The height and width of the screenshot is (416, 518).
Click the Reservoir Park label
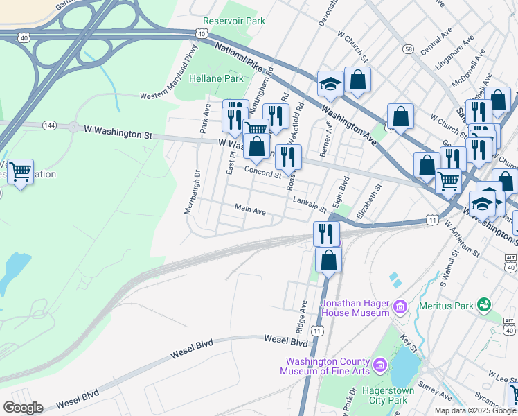pos(235,21)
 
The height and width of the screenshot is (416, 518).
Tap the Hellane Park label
pos(217,78)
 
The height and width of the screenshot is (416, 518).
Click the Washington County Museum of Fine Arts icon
pos(379,365)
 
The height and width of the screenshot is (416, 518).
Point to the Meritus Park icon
pos(483,304)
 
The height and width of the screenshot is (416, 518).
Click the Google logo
pos(24,408)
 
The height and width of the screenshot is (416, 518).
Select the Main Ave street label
pos(250,209)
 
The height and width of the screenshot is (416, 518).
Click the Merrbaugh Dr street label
pos(192,192)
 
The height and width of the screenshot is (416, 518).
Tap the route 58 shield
pos(409,49)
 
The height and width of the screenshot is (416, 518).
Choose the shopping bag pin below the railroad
pos(329,261)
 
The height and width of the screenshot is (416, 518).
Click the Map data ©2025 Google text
pos(474,410)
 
